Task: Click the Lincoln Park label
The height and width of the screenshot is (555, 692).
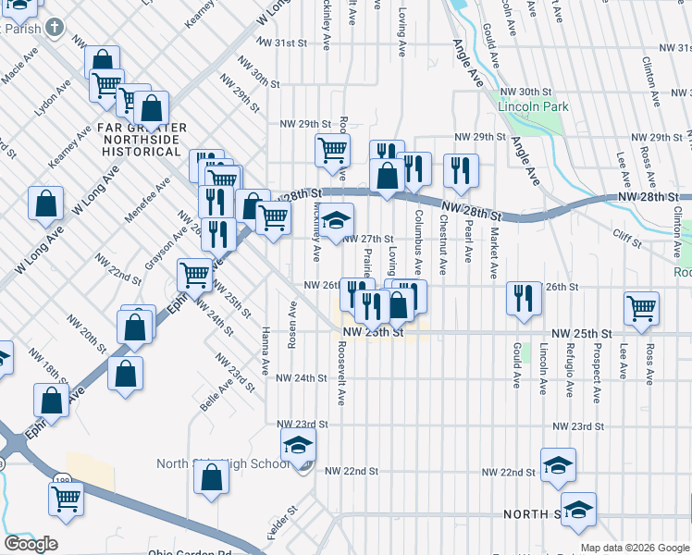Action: point(532,106)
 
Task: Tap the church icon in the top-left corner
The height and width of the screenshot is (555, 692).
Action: point(55,26)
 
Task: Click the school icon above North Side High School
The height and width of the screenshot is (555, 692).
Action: point(298,444)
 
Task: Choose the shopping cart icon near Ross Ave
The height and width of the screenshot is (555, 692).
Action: point(641,309)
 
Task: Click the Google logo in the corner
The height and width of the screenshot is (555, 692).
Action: point(31,544)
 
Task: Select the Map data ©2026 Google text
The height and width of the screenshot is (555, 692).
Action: point(635,548)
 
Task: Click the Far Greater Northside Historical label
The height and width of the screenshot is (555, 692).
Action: point(143,139)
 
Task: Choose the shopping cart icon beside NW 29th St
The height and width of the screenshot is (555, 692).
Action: point(332,149)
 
